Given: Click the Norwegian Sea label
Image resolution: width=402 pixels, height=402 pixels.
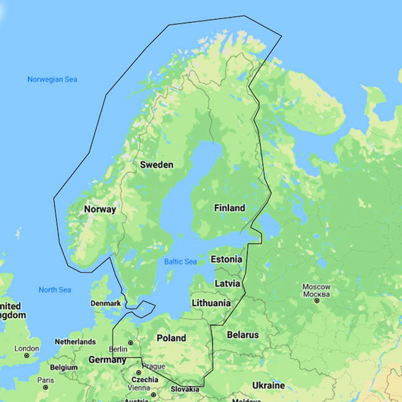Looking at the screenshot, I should pyautogui.click(x=52, y=80).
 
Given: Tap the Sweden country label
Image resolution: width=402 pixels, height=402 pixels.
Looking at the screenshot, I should pyautogui.click(x=156, y=165).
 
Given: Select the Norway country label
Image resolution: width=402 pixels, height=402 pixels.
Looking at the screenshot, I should pyautogui.click(x=100, y=209).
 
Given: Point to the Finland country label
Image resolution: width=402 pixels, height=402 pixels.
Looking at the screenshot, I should pyautogui.click(x=229, y=208).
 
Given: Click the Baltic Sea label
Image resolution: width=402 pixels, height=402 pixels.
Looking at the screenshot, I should pyautogui.click(x=180, y=262).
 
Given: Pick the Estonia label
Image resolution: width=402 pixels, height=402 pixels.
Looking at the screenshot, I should pyautogui.click(x=226, y=259).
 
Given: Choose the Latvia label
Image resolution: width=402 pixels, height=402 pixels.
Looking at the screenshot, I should pyautogui.click(x=227, y=283).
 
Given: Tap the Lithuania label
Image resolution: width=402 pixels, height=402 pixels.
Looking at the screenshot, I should pyautogui.click(x=211, y=303).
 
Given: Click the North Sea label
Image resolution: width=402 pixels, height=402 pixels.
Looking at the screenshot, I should pyautogui.click(x=55, y=290).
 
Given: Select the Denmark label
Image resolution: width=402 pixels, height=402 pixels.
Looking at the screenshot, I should pyautogui.click(x=105, y=304).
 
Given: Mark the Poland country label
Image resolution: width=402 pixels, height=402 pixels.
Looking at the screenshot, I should pyautogui.click(x=171, y=338).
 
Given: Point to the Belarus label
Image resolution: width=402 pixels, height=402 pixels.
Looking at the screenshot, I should pyautogui.click(x=243, y=335).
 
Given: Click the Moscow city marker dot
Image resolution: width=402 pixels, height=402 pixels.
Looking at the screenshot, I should pyautogui.click(x=317, y=300).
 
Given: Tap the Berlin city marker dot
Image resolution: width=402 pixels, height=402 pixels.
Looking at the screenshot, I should pyautogui.click(x=130, y=343).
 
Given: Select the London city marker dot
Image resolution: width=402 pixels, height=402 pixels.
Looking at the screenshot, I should pyautogui.click(x=27, y=355).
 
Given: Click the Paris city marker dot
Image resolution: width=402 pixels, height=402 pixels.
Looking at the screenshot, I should pyautogui.click(x=45, y=387).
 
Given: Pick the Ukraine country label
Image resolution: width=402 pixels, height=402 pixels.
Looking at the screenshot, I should pyautogui.click(x=269, y=386).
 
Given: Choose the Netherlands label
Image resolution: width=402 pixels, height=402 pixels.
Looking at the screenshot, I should pyautogui.click(x=75, y=342).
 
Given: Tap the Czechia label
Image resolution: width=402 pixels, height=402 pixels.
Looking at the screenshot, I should pyautogui.click(x=145, y=379).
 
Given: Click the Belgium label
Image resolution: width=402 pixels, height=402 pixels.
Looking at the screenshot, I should pyautogui.click(x=64, y=367).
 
